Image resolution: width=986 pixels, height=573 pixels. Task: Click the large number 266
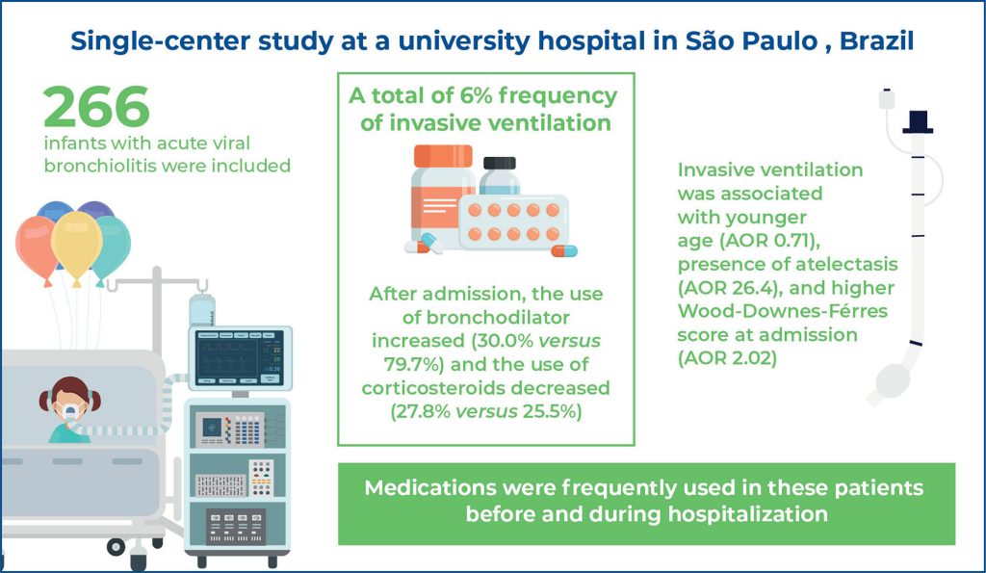click(96, 108)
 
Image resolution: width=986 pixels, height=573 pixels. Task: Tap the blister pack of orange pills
click(511, 221)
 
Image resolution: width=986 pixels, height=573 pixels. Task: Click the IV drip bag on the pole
click(202, 310)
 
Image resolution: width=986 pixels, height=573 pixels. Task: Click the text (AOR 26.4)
click(714, 286)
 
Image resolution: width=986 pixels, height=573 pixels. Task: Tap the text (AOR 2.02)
click(714, 358)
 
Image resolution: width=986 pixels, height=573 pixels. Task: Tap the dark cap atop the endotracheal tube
click(918, 121)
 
